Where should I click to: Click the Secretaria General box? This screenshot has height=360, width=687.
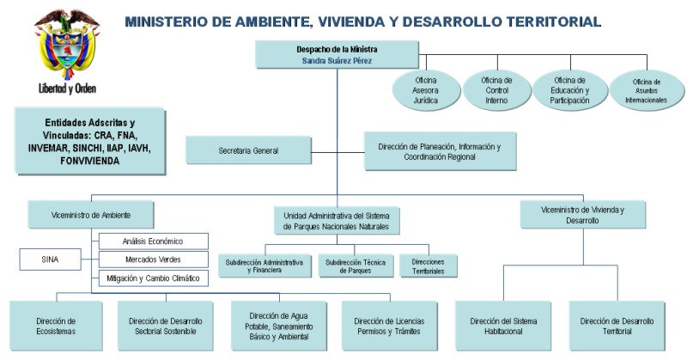(248, 151)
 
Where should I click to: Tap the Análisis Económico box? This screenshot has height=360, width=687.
(153, 241)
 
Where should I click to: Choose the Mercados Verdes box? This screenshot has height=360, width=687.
(153, 259)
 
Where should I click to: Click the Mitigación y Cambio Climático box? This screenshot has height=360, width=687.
(153, 278)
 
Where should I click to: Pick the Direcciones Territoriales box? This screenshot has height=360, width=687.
(428, 265)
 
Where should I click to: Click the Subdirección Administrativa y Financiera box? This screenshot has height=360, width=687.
(264, 265)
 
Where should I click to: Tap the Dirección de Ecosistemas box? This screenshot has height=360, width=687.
(56, 325)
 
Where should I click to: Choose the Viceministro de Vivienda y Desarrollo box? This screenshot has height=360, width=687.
(582, 215)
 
